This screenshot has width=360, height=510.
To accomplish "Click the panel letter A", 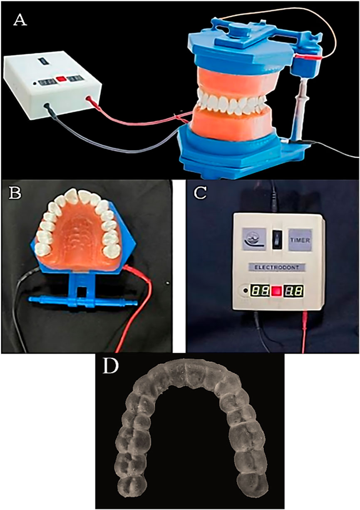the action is [20, 20].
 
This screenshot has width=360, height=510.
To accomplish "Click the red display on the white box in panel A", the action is [61, 77].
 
